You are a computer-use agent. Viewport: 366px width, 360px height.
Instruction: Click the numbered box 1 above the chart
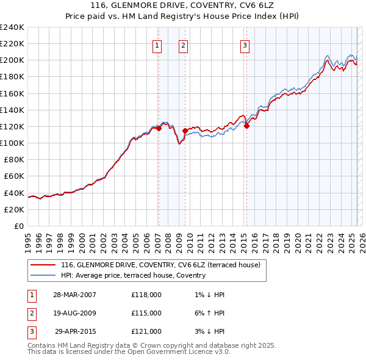coord(157,45)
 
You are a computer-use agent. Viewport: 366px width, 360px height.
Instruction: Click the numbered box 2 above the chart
coord(183,45)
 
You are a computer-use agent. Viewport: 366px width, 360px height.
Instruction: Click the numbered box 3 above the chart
coord(245,45)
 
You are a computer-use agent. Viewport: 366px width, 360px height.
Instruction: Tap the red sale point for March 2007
coord(159,128)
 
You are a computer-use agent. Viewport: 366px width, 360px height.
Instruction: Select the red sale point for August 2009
coord(185,131)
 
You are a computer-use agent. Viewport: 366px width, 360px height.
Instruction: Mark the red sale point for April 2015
coord(247,126)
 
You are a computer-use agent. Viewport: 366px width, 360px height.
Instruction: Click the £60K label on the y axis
coord(13,176)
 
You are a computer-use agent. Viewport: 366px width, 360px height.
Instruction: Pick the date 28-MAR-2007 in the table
coord(75,295)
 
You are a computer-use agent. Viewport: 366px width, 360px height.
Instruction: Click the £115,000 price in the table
coord(146,313)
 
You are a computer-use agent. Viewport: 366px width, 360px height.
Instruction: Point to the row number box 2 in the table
coord(30,314)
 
